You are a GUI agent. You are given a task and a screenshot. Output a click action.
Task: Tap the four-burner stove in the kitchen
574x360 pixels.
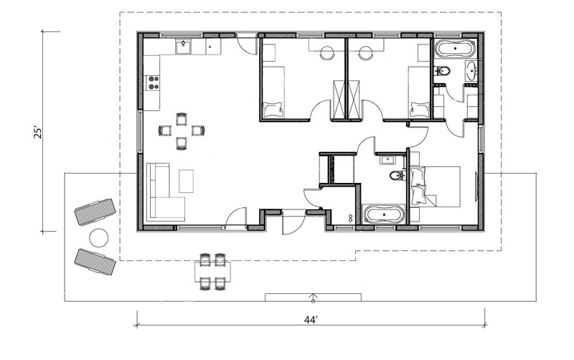coord(153,82)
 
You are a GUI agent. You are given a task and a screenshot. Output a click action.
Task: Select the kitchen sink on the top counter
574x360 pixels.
coord(183,47)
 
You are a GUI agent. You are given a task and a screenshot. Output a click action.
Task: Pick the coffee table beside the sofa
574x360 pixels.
coord(187,180)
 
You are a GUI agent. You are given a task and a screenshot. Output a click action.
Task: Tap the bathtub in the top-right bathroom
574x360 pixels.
coord(454,50)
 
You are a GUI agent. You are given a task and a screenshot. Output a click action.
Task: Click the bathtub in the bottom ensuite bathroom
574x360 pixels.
coord(385,214)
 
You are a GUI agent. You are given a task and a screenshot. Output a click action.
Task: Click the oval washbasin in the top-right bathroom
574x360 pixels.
coord(471,70)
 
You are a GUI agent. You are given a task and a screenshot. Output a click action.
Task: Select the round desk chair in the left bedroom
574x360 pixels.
coord(328,52)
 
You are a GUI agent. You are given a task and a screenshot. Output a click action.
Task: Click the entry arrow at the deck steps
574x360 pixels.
coord(313,297)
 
